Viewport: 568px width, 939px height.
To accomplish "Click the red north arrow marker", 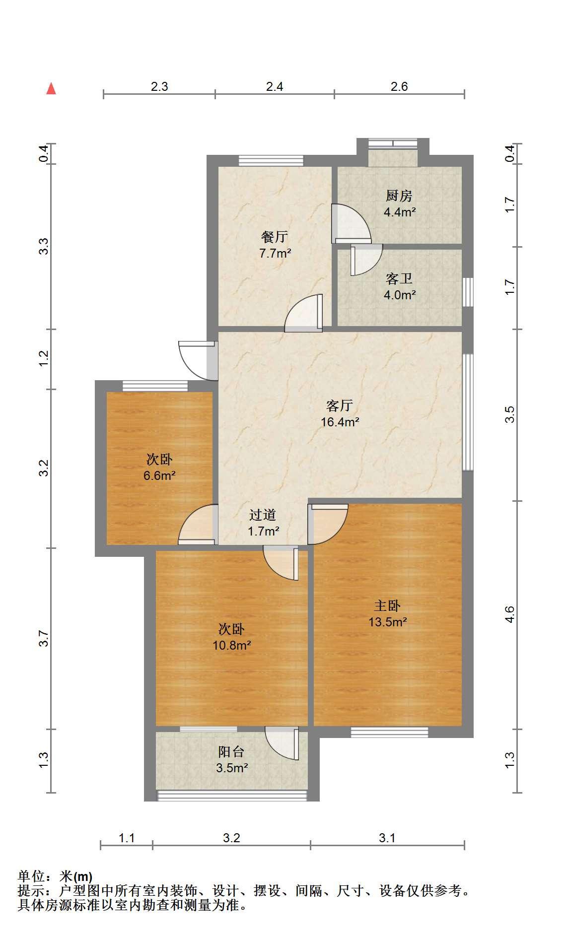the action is (x=51, y=88).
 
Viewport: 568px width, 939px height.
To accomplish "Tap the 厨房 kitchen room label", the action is (x=399, y=196).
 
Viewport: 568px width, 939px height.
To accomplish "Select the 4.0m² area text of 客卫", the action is (x=400, y=295).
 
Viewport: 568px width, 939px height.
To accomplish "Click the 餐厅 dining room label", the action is (x=275, y=237).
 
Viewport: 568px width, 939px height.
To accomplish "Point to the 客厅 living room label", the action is (x=340, y=405).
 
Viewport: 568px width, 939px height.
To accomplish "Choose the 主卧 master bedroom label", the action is (x=387, y=605).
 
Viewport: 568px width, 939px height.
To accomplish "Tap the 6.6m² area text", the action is (x=159, y=476).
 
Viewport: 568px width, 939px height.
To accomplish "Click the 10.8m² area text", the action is (x=231, y=646).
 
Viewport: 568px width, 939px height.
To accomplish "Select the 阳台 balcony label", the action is (x=231, y=752).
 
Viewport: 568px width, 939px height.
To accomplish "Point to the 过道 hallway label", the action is (x=263, y=515).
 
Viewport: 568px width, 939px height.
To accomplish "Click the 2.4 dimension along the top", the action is (x=275, y=87).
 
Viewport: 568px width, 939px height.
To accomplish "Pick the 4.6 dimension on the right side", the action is (x=509, y=614).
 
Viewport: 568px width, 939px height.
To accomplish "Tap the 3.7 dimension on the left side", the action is (x=45, y=638).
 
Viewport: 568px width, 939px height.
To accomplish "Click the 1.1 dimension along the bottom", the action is (x=127, y=838).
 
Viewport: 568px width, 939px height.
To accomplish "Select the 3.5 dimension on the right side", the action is (x=509, y=414).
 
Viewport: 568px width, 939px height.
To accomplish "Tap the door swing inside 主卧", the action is (x=328, y=524).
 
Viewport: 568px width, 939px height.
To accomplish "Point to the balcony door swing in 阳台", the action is (x=282, y=743).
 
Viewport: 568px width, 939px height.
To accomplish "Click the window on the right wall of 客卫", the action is (x=468, y=292).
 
